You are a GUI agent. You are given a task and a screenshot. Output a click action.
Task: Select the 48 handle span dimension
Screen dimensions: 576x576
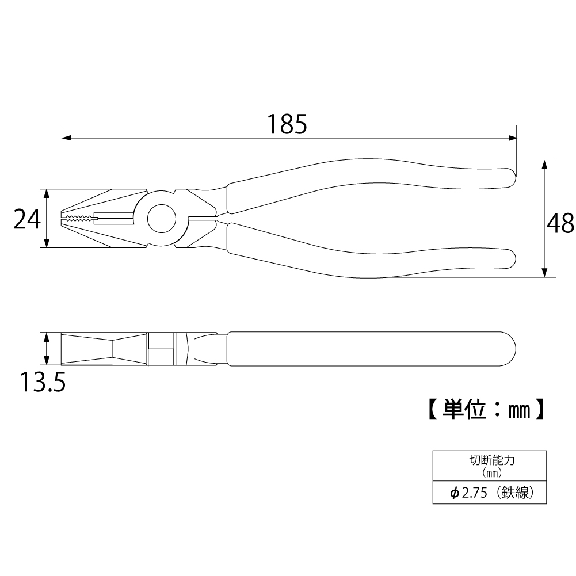tap(560, 223)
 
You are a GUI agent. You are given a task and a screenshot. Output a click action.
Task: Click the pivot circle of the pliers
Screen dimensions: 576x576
tap(162, 219)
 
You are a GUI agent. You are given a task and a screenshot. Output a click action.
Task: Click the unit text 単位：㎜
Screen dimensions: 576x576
tap(486, 409)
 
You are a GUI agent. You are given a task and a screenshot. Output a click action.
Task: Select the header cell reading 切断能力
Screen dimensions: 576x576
tap(489, 466)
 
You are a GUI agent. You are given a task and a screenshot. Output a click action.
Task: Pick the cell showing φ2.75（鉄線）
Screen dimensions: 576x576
tap(489, 492)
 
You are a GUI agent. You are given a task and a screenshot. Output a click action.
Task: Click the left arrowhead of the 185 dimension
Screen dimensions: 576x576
tap(67, 138)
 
